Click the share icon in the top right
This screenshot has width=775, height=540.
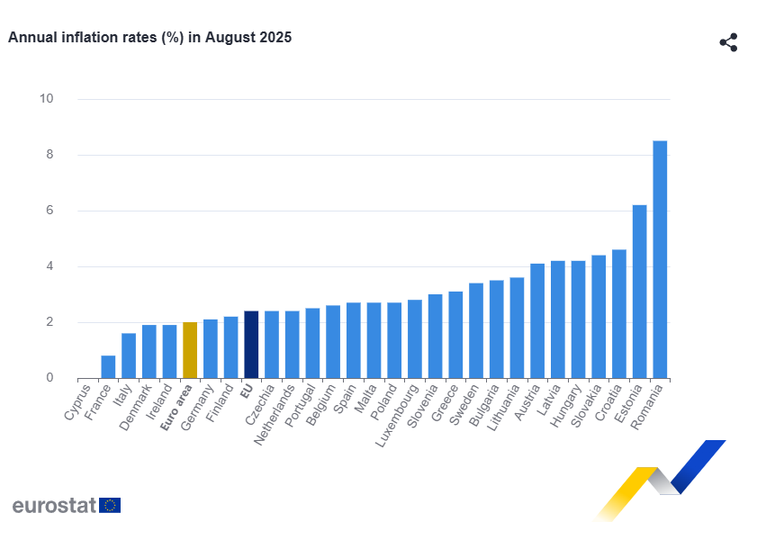click(728, 42)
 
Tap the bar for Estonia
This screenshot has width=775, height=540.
click(639, 292)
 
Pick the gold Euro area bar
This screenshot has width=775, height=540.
click(190, 350)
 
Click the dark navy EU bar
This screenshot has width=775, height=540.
click(251, 345)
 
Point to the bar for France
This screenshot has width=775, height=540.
click(108, 367)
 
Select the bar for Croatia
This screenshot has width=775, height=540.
click(619, 314)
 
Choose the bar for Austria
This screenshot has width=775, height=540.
click(537, 321)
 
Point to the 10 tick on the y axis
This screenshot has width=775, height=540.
click(46, 99)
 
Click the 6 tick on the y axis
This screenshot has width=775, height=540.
click(50, 211)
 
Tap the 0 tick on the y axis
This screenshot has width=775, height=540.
click(50, 378)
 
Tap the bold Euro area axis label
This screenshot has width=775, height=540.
click(177, 409)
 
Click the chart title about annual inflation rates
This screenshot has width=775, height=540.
click(149, 38)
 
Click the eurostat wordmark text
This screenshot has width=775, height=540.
click(54, 505)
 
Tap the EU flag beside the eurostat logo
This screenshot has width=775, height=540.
click(110, 505)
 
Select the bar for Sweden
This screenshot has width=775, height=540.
click(476, 330)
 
